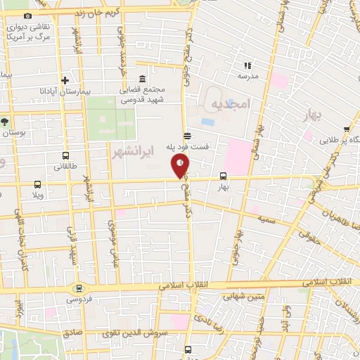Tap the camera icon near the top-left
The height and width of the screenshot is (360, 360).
27,15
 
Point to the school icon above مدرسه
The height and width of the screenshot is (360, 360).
247,65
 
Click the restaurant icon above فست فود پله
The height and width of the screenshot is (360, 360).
186,136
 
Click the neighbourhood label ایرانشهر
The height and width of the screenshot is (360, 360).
130,151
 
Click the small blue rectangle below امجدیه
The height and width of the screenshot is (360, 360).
208,122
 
